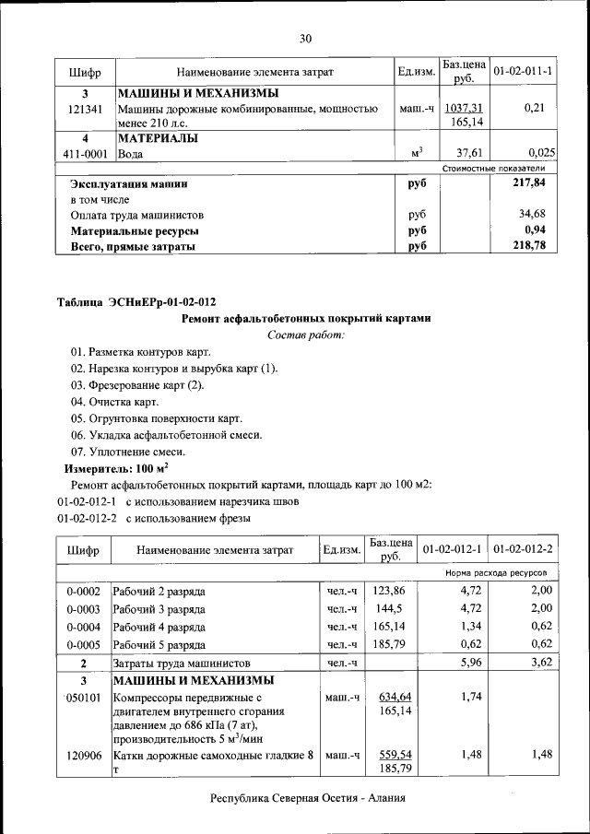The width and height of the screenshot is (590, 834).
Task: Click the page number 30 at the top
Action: point(306,38)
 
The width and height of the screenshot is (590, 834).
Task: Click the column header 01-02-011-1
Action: point(524,71)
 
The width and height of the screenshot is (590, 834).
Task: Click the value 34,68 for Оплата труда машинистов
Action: point(537,214)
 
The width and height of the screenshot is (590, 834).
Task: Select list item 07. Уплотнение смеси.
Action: point(128,452)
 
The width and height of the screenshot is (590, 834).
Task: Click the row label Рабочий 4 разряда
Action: point(159,627)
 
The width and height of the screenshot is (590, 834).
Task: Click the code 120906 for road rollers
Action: point(84,755)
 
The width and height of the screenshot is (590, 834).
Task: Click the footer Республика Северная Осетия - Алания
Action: point(308,798)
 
